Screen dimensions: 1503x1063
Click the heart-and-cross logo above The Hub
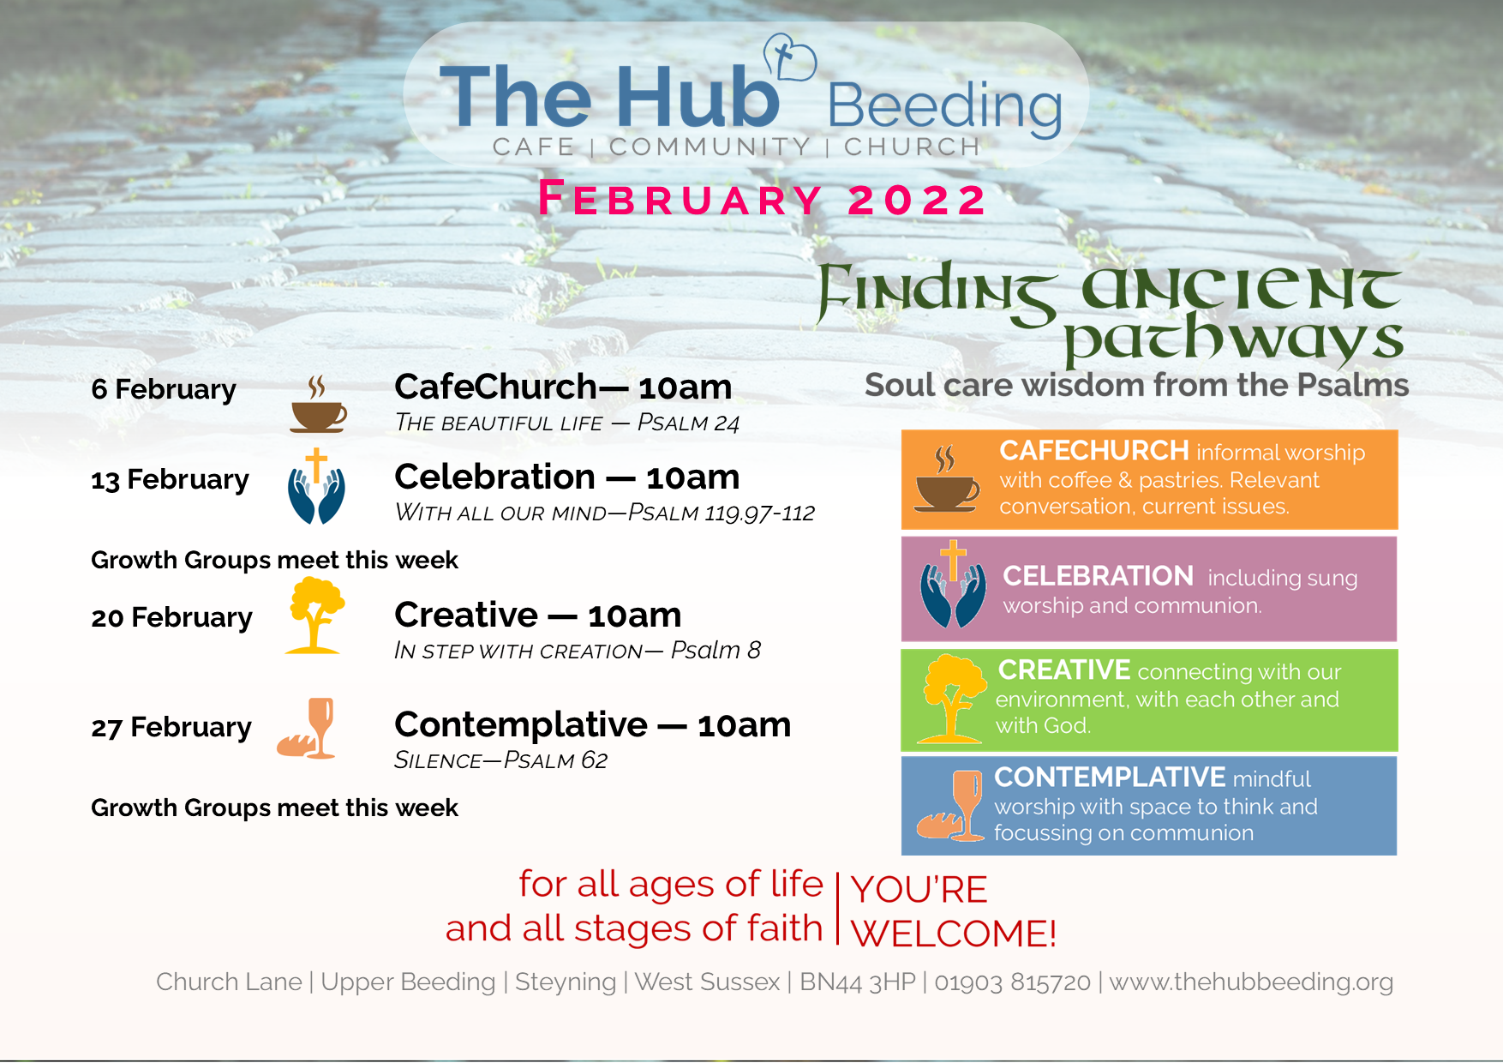789,57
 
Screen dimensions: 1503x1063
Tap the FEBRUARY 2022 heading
763,199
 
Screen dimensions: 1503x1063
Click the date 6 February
164,389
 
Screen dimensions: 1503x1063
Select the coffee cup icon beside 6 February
318,404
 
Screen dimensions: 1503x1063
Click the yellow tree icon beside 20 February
315,616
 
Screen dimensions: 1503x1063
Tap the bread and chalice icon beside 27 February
306,728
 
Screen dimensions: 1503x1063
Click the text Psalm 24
688,423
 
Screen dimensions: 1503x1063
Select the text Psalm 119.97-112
722,513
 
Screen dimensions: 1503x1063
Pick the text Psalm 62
555,760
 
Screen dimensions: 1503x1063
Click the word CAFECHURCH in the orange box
1093,450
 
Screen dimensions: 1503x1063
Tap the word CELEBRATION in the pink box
1098,576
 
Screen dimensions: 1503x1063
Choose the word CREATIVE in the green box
1064,670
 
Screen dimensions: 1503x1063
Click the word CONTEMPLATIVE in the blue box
1110,777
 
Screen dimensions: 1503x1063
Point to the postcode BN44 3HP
857,982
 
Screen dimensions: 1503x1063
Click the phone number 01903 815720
1012,982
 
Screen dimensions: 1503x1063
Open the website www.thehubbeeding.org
1251,982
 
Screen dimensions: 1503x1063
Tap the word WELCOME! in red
954,934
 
